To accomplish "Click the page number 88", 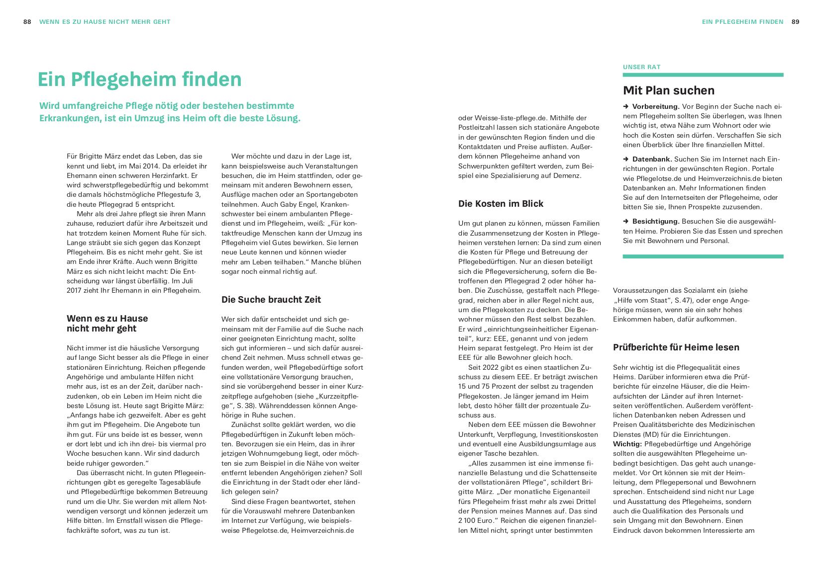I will (x=27, y=22).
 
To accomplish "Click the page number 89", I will (x=796, y=22).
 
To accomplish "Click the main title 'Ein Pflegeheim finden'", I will (x=139, y=80).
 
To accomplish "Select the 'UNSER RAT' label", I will (x=641, y=67).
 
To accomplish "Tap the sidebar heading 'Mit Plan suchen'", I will (x=668, y=90).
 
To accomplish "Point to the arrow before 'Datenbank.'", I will (x=626, y=160).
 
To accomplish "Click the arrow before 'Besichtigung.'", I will (x=626, y=222).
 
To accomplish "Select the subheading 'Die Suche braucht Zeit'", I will (x=271, y=300).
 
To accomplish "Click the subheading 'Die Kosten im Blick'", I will (x=501, y=204).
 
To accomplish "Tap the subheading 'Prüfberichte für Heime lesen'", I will (x=676, y=347).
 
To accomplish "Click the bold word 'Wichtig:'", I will (x=627, y=444).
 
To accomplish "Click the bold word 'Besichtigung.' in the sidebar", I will (x=655, y=222).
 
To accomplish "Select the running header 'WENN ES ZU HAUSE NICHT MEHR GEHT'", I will (x=104, y=22).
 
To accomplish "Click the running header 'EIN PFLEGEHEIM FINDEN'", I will (x=742, y=22).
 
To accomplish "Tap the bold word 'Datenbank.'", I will (x=652, y=160).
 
